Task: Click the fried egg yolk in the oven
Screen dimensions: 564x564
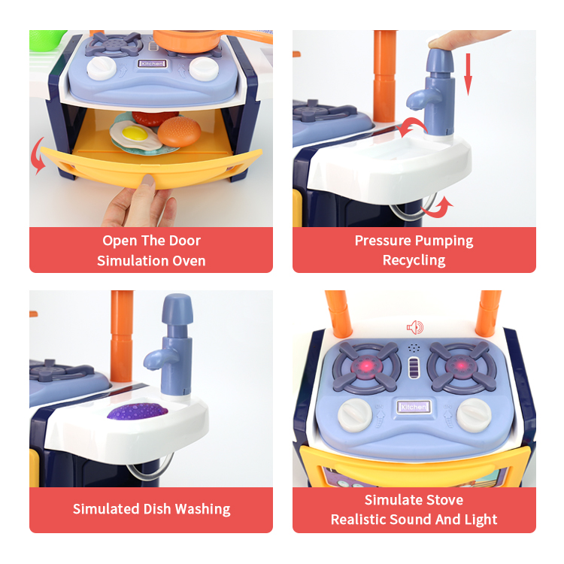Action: pyautogui.click(x=135, y=133)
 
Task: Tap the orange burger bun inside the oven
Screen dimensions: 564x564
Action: pyautogui.click(x=179, y=132)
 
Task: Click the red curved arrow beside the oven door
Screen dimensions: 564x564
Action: pyautogui.click(x=38, y=156)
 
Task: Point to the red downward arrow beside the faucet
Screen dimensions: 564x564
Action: pyautogui.click(x=468, y=74)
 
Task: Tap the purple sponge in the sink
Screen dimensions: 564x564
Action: pyautogui.click(x=138, y=411)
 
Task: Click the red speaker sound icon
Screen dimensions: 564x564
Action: pyautogui.click(x=415, y=327)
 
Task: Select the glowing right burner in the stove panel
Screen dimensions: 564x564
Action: pyautogui.click(x=461, y=367)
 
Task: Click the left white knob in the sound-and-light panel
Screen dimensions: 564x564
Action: pyautogui.click(x=355, y=415)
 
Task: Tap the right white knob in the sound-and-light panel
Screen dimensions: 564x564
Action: pyautogui.click(x=474, y=414)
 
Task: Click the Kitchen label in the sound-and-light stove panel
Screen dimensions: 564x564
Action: pyautogui.click(x=414, y=407)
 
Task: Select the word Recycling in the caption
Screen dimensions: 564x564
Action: pyautogui.click(x=414, y=260)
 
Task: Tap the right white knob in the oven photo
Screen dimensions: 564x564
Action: pyautogui.click(x=204, y=68)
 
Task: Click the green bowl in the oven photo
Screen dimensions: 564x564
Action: pyautogui.click(x=47, y=40)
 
